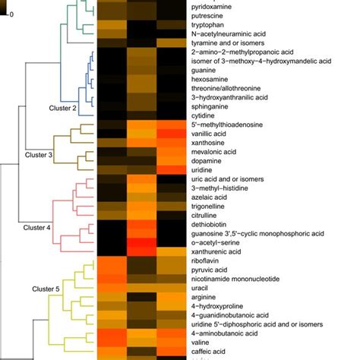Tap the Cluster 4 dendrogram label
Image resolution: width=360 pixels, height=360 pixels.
(36, 227)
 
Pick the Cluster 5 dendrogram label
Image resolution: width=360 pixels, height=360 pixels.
(46, 289)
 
